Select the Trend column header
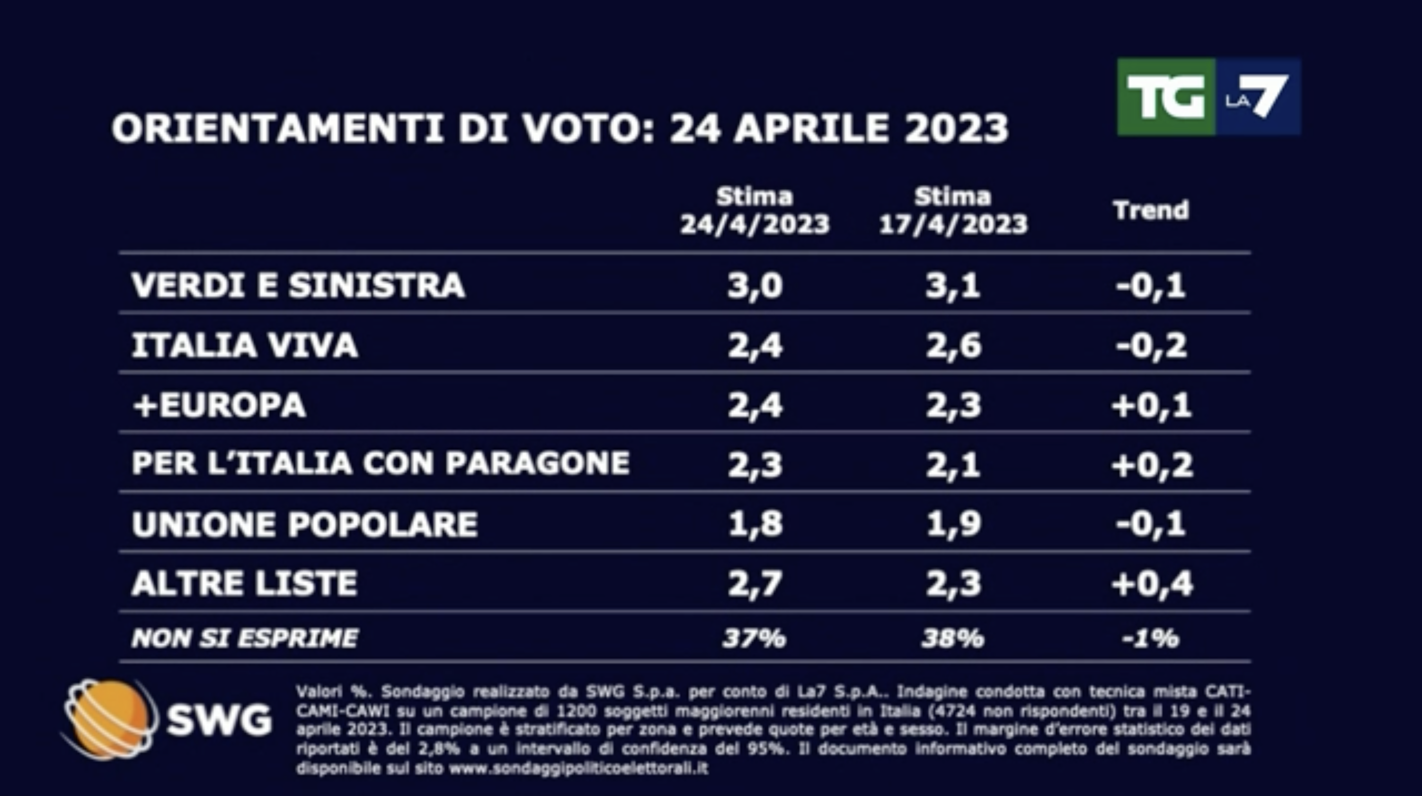(x=1151, y=210)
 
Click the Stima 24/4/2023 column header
(x=754, y=210)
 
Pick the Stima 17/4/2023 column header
(x=953, y=210)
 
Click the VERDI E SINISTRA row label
(x=298, y=285)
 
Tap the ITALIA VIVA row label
(x=244, y=346)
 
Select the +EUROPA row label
(x=219, y=405)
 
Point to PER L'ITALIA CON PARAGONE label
(x=380, y=463)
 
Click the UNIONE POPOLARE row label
(x=304, y=524)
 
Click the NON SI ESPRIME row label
(x=244, y=638)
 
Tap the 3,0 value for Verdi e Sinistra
(x=754, y=286)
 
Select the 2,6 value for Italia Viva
(x=953, y=346)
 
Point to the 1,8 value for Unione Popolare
(x=754, y=524)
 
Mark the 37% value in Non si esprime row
(x=754, y=638)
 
